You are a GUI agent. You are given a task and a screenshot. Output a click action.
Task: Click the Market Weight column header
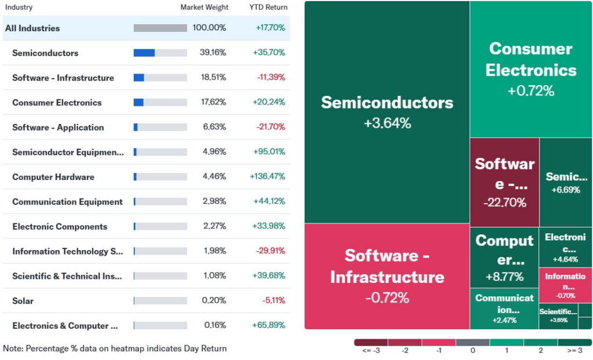click(204, 7)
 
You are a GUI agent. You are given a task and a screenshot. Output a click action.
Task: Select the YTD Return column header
click(268, 7)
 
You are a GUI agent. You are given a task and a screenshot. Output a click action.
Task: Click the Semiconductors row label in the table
click(45, 53)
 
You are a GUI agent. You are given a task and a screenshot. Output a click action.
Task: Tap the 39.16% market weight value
click(213, 53)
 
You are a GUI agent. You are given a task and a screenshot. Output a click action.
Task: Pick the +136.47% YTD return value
click(268, 177)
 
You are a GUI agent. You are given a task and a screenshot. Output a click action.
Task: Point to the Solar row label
click(23, 301)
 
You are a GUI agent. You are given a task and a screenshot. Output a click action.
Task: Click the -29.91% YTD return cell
click(270, 251)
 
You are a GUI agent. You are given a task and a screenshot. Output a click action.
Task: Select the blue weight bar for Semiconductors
click(144, 53)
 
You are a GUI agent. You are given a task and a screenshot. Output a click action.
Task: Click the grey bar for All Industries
click(160, 28)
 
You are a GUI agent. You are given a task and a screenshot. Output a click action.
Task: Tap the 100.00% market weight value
click(209, 28)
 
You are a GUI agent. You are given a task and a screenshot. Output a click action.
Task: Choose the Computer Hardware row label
click(53, 177)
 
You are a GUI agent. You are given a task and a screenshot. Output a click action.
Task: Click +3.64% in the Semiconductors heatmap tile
click(387, 123)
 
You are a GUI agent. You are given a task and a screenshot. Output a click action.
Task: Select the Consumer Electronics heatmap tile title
click(531, 60)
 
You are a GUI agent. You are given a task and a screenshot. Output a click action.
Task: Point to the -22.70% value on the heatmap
click(504, 203)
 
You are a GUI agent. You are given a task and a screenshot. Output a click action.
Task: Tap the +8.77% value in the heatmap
click(504, 277)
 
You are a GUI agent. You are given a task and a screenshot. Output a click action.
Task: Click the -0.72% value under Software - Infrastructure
click(387, 297)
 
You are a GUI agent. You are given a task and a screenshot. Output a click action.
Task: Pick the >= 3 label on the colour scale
click(574, 351)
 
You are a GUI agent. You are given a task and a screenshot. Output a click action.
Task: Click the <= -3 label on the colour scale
click(371, 351)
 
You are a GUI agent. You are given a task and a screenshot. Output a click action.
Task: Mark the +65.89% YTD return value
click(269, 325)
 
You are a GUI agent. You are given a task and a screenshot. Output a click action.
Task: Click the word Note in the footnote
click(13, 348)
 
